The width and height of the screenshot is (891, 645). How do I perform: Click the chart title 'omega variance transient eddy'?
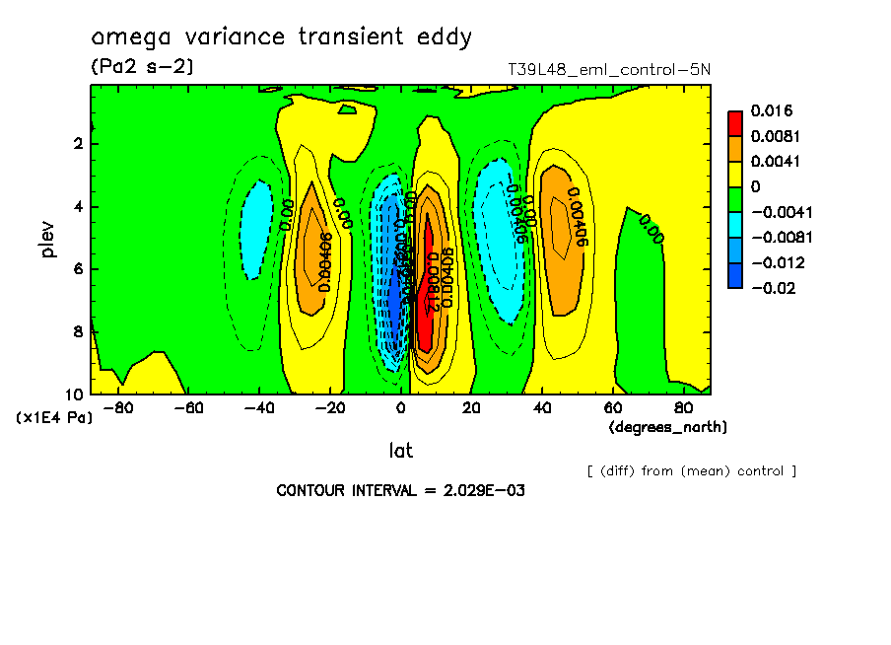(282, 37)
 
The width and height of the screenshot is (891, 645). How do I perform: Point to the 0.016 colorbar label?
(772, 110)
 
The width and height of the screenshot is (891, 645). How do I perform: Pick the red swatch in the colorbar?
(735, 123)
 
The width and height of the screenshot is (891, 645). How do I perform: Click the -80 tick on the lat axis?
(118, 406)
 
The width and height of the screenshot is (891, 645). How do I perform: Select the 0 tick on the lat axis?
(401, 406)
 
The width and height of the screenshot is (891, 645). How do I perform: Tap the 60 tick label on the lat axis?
(612, 406)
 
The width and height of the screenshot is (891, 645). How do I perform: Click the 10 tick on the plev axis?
(74, 394)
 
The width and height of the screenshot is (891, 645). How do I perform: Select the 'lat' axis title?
(401, 451)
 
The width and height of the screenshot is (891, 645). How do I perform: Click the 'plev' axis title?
(49, 239)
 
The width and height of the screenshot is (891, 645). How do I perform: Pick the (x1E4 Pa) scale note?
(54, 418)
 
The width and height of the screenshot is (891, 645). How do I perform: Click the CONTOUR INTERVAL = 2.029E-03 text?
(400, 490)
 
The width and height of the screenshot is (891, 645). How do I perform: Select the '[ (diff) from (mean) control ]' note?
(691, 470)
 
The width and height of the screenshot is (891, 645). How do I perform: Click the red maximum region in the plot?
(427, 286)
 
